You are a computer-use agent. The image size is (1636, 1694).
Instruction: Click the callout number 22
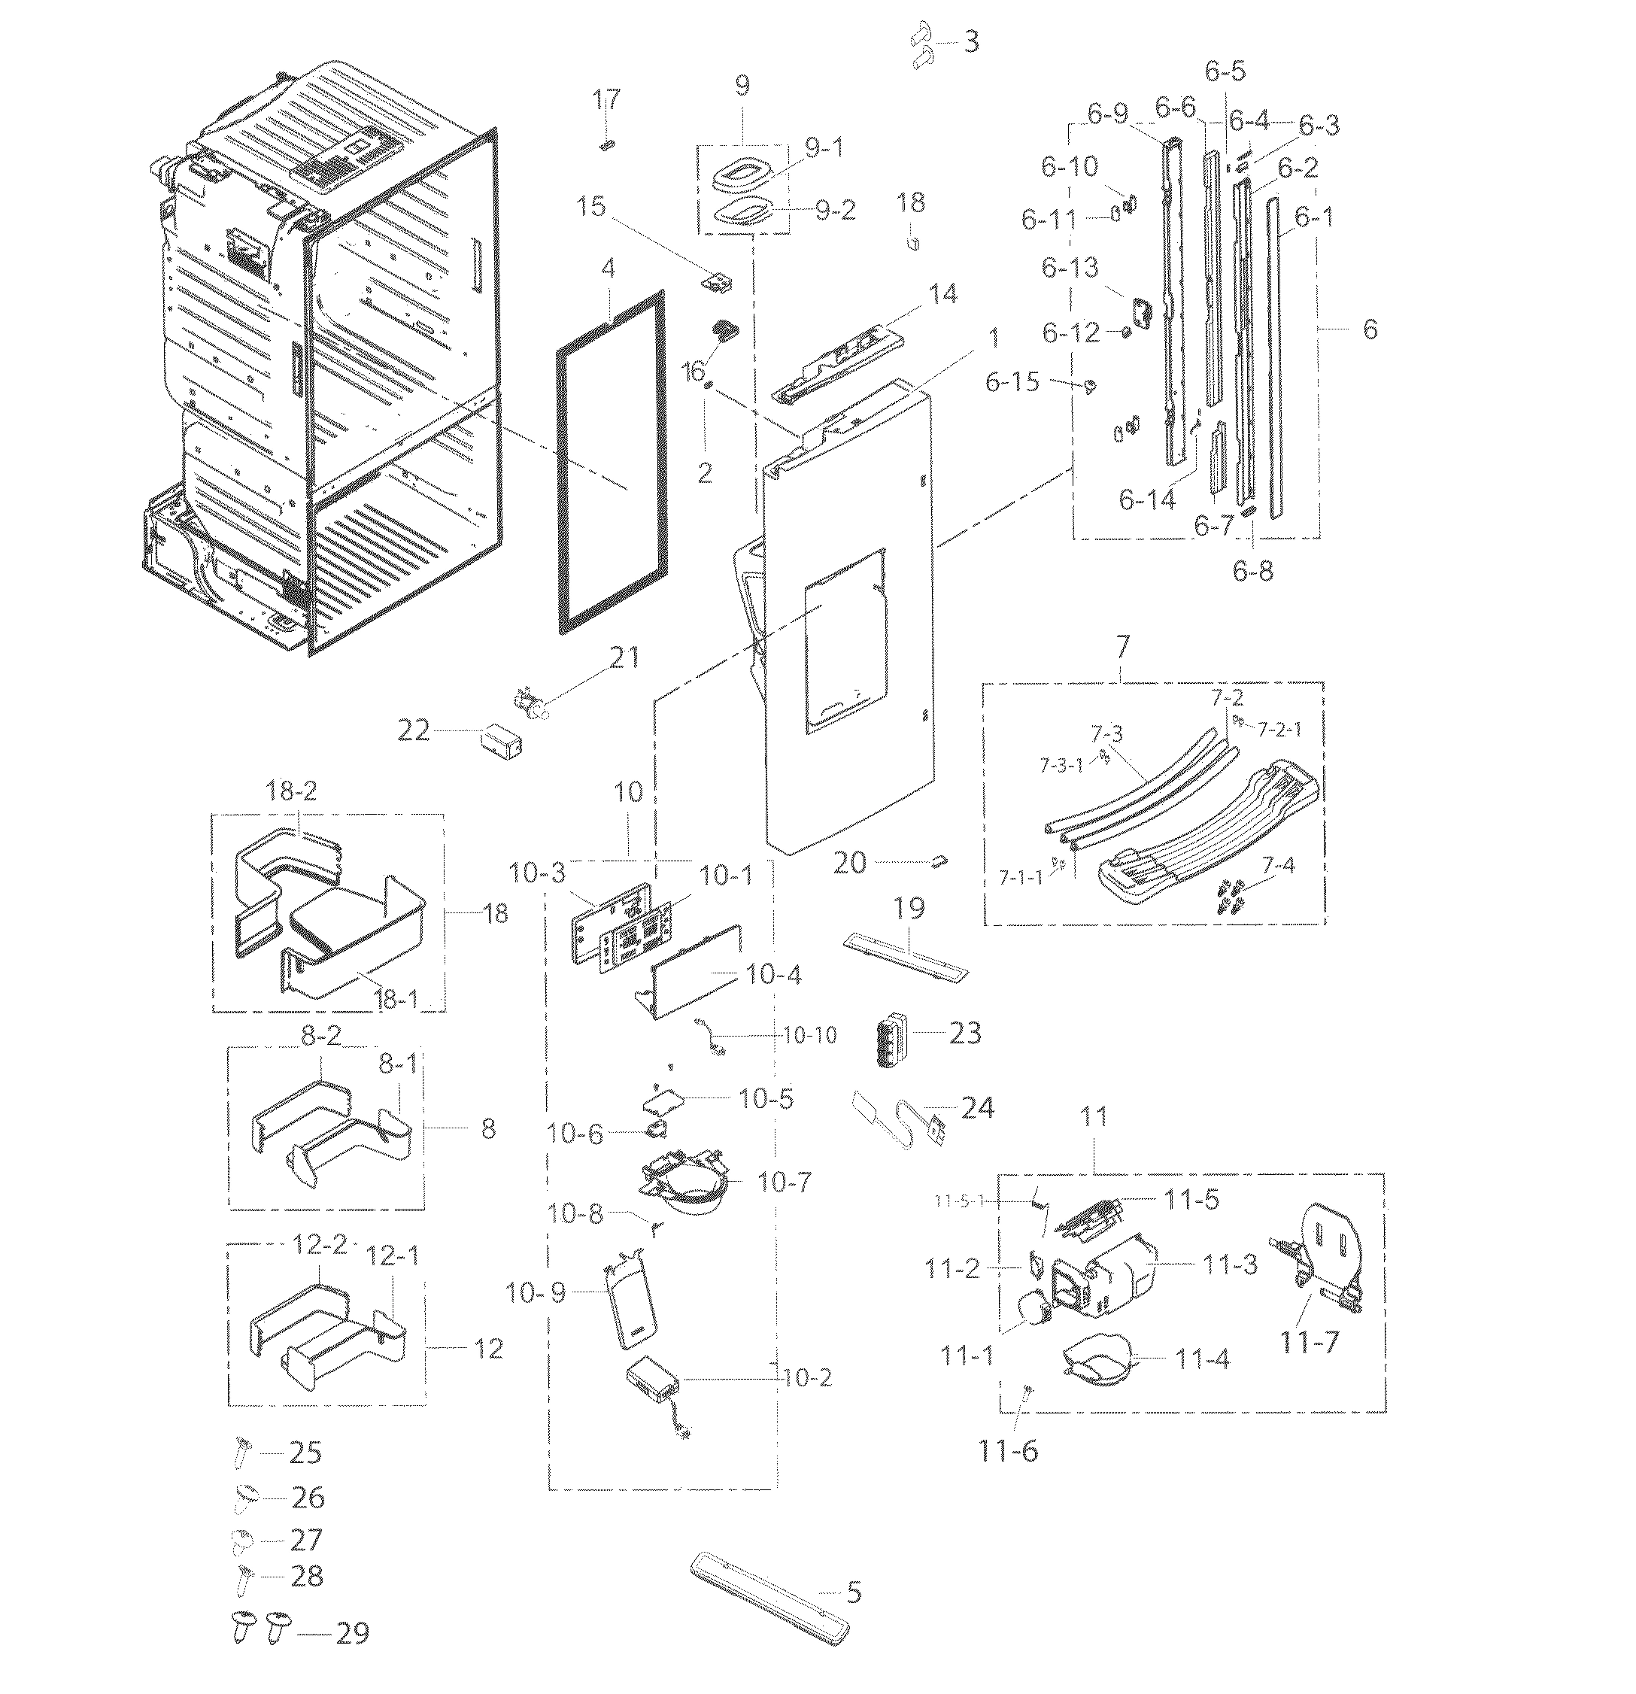(412, 731)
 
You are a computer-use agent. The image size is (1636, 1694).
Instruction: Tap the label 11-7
(1310, 1342)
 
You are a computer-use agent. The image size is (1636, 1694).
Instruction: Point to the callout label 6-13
(1069, 268)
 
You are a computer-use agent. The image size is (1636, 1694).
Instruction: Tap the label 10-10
(810, 1034)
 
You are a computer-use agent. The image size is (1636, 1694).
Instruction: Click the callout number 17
(607, 99)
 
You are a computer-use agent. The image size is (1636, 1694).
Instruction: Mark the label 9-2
(835, 210)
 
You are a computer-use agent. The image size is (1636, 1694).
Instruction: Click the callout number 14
(943, 294)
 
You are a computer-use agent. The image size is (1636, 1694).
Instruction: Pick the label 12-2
(319, 1245)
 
